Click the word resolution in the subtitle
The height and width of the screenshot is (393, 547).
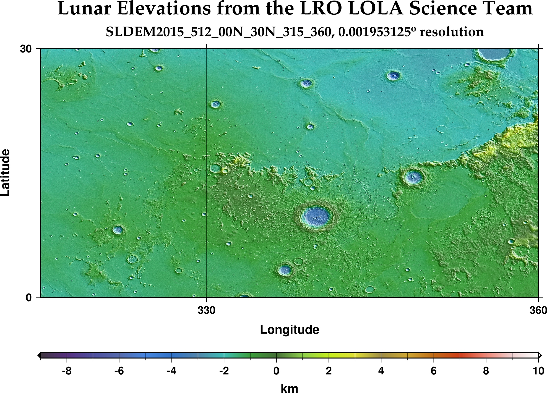(452, 32)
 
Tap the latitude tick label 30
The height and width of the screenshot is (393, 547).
(25, 49)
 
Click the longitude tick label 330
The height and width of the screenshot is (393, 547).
(206, 311)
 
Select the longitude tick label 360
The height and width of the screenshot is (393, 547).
(538, 311)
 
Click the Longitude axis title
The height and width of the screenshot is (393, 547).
(289, 330)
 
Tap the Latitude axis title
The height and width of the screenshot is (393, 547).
(6, 172)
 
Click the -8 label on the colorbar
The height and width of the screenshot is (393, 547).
(67, 371)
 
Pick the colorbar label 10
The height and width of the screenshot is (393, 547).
(538, 371)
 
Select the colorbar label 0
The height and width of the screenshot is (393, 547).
(276, 371)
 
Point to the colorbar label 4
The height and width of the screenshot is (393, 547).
(381, 371)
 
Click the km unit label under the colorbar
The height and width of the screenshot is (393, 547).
(289, 388)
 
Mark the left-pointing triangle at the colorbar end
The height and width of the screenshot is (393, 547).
(39, 355)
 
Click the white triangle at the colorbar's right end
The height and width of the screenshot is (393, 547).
(540, 355)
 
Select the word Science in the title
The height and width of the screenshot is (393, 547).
(442, 9)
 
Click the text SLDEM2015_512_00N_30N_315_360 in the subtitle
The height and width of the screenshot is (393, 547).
(218, 32)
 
